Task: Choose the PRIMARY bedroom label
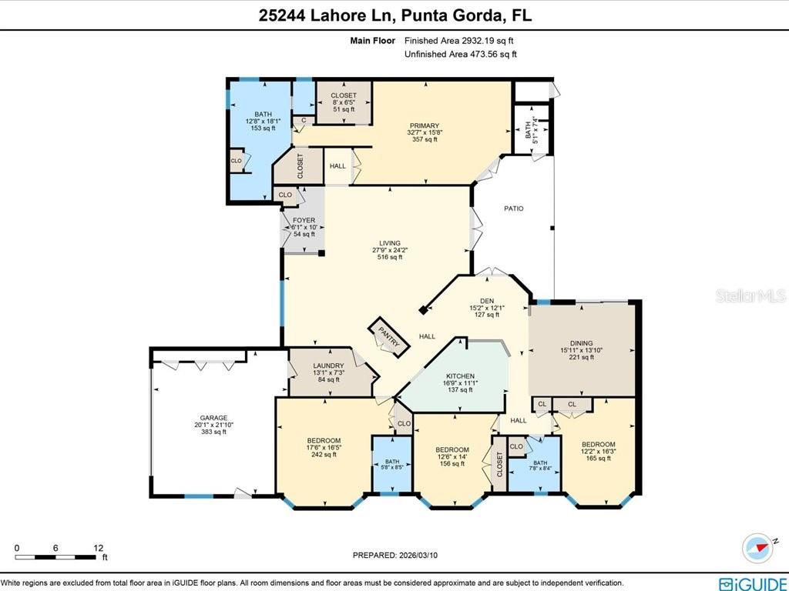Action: point(424,126)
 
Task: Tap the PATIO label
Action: point(514,208)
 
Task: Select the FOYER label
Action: point(304,221)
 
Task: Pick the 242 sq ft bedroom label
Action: point(323,441)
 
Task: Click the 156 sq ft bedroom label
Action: point(452,449)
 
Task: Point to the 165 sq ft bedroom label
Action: point(598,445)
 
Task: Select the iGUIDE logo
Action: point(747,583)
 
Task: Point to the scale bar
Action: point(57,556)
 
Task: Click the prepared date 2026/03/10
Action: point(400,555)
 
